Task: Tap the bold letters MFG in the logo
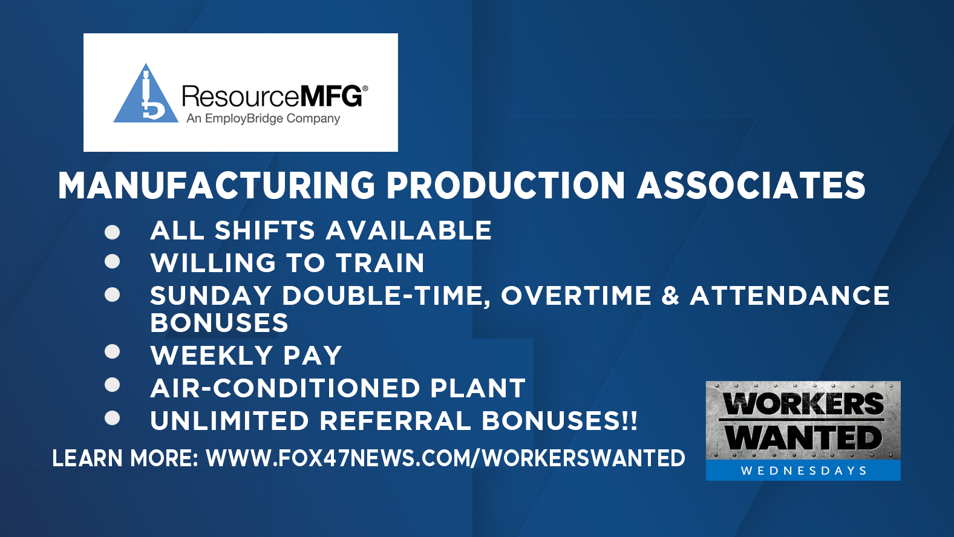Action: [332, 96]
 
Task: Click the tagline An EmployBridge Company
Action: [263, 119]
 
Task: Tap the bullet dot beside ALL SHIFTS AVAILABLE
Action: [113, 232]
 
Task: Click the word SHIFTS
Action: [264, 230]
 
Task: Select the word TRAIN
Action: [381, 262]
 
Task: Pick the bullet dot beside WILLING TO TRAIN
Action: [113, 261]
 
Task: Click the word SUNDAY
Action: [211, 296]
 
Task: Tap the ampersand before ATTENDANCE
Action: [670, 296]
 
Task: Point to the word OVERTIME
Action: [577, 296]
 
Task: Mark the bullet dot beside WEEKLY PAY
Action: [113, 351]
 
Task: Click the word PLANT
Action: [478, 388]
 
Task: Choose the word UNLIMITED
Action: [229, 421]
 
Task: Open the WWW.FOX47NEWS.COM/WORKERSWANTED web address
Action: [445, 458]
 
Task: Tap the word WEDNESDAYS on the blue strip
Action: [803, 470]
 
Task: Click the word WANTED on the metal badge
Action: [803, 438]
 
